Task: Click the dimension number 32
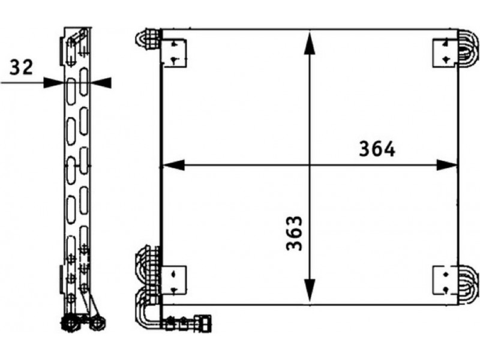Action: (21, 67)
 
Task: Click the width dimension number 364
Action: (377, 149)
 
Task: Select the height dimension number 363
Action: (294, 233)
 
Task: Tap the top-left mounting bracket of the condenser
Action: (174, 53)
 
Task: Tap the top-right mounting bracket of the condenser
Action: (445, 53)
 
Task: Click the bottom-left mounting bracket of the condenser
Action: (173, 280)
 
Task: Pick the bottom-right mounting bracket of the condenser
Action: (446, 280)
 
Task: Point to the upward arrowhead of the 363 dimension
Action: (310, 43)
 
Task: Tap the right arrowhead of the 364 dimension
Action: (446, 165)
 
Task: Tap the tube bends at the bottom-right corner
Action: (468, 281)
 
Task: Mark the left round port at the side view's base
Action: (70, 323)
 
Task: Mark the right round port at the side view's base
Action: (98, 323)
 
